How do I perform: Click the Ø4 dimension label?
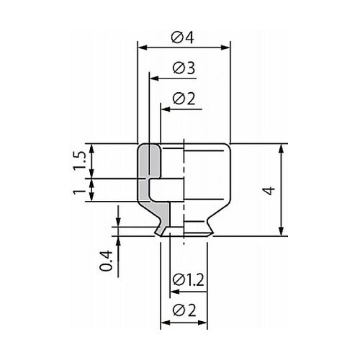(x=182, y=37)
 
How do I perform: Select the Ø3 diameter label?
(x=184, y=68)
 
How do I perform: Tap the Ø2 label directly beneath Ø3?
(x=184, y=99)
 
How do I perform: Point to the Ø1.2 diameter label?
(x=189, y=280)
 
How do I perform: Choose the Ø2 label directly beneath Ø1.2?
(x=184, y=310)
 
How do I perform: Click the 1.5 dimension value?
(x=79, y=161)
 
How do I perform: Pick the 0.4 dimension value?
(x=106, y=261)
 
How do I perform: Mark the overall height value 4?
(x=269, y=190)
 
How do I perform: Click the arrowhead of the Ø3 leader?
(x=155, y=78)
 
